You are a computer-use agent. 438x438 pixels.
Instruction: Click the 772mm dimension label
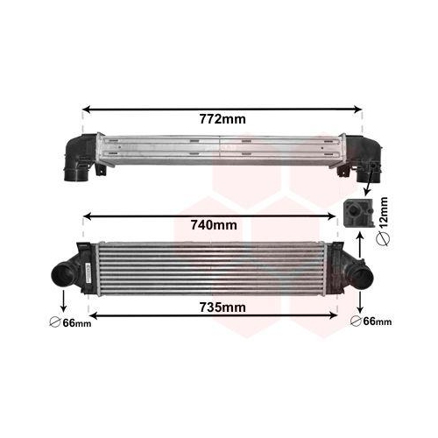click(x=223, y=119)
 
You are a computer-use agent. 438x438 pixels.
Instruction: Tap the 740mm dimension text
click(x=214, y=225)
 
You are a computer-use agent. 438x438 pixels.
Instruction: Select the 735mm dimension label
click(x=223, y=307)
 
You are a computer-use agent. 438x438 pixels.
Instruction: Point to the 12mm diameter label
click(x=384, y=213)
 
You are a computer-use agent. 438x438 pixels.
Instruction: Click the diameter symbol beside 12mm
click(x=384, y=239)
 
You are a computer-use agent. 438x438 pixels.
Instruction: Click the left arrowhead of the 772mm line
click(x=87, y=109)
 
